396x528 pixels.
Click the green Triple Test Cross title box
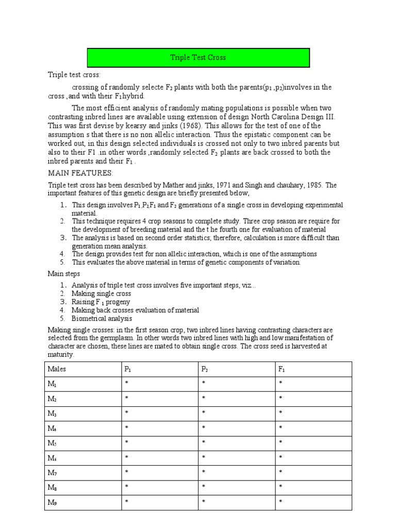coord(198,57)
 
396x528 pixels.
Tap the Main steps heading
coord(64,274)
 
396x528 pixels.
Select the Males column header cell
coord(57,369)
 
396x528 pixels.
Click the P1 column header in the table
coord(127,369)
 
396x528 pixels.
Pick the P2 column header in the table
coord(205,369)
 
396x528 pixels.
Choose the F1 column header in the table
coord(281,369)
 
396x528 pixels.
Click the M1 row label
coord(52,384)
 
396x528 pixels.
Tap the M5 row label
coord(52,442)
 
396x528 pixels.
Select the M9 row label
coord(52,501)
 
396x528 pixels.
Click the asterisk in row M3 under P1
coord(126,414)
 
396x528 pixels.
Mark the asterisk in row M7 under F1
coord(280,472)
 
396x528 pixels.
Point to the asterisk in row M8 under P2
coord(203,487)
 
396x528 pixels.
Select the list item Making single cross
coord(101,293)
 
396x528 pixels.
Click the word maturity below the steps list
coord(61,355)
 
